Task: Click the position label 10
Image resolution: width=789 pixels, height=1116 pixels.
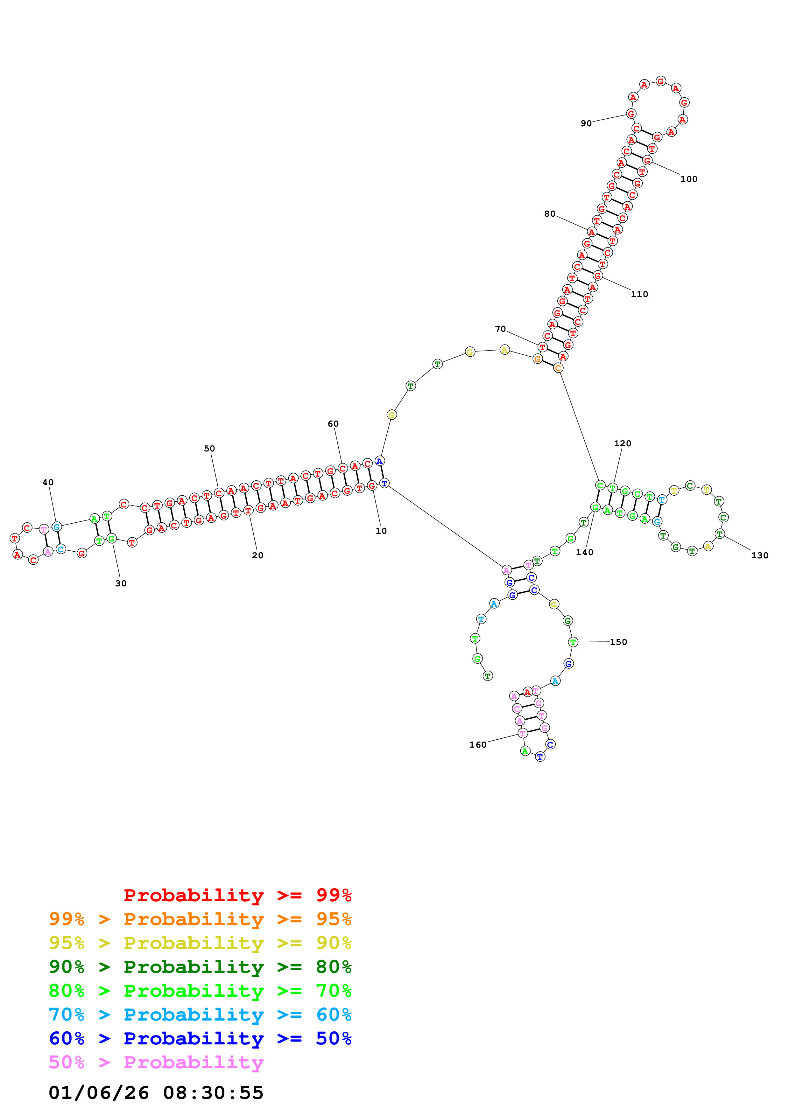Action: [x=381, y=531]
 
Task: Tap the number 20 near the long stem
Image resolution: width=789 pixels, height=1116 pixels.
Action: [x=257, y=555]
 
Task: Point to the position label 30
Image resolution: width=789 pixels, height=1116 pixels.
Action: [x=121, y=583]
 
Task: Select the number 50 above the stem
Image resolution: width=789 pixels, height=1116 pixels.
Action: [x=209, y=448]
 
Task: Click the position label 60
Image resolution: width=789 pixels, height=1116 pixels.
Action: [x=333, y=423]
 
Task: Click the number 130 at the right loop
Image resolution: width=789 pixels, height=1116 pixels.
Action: [x=759, y=555]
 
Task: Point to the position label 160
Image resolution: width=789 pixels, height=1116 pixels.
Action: [x=477, y=745]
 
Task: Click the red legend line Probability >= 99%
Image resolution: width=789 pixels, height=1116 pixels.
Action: [x=237, y=895]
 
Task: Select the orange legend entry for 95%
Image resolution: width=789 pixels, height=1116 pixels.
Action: [x=200, y=919]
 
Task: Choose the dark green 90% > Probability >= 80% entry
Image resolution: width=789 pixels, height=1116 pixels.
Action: [x=200, y=967]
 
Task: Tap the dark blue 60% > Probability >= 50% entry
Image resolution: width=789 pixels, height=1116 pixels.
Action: [x=200, y=1038]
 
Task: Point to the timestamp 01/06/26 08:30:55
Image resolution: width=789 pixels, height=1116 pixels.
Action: [x=156, y=1093]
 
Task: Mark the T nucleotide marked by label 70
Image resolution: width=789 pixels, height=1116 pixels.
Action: [x=542, y=347]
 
